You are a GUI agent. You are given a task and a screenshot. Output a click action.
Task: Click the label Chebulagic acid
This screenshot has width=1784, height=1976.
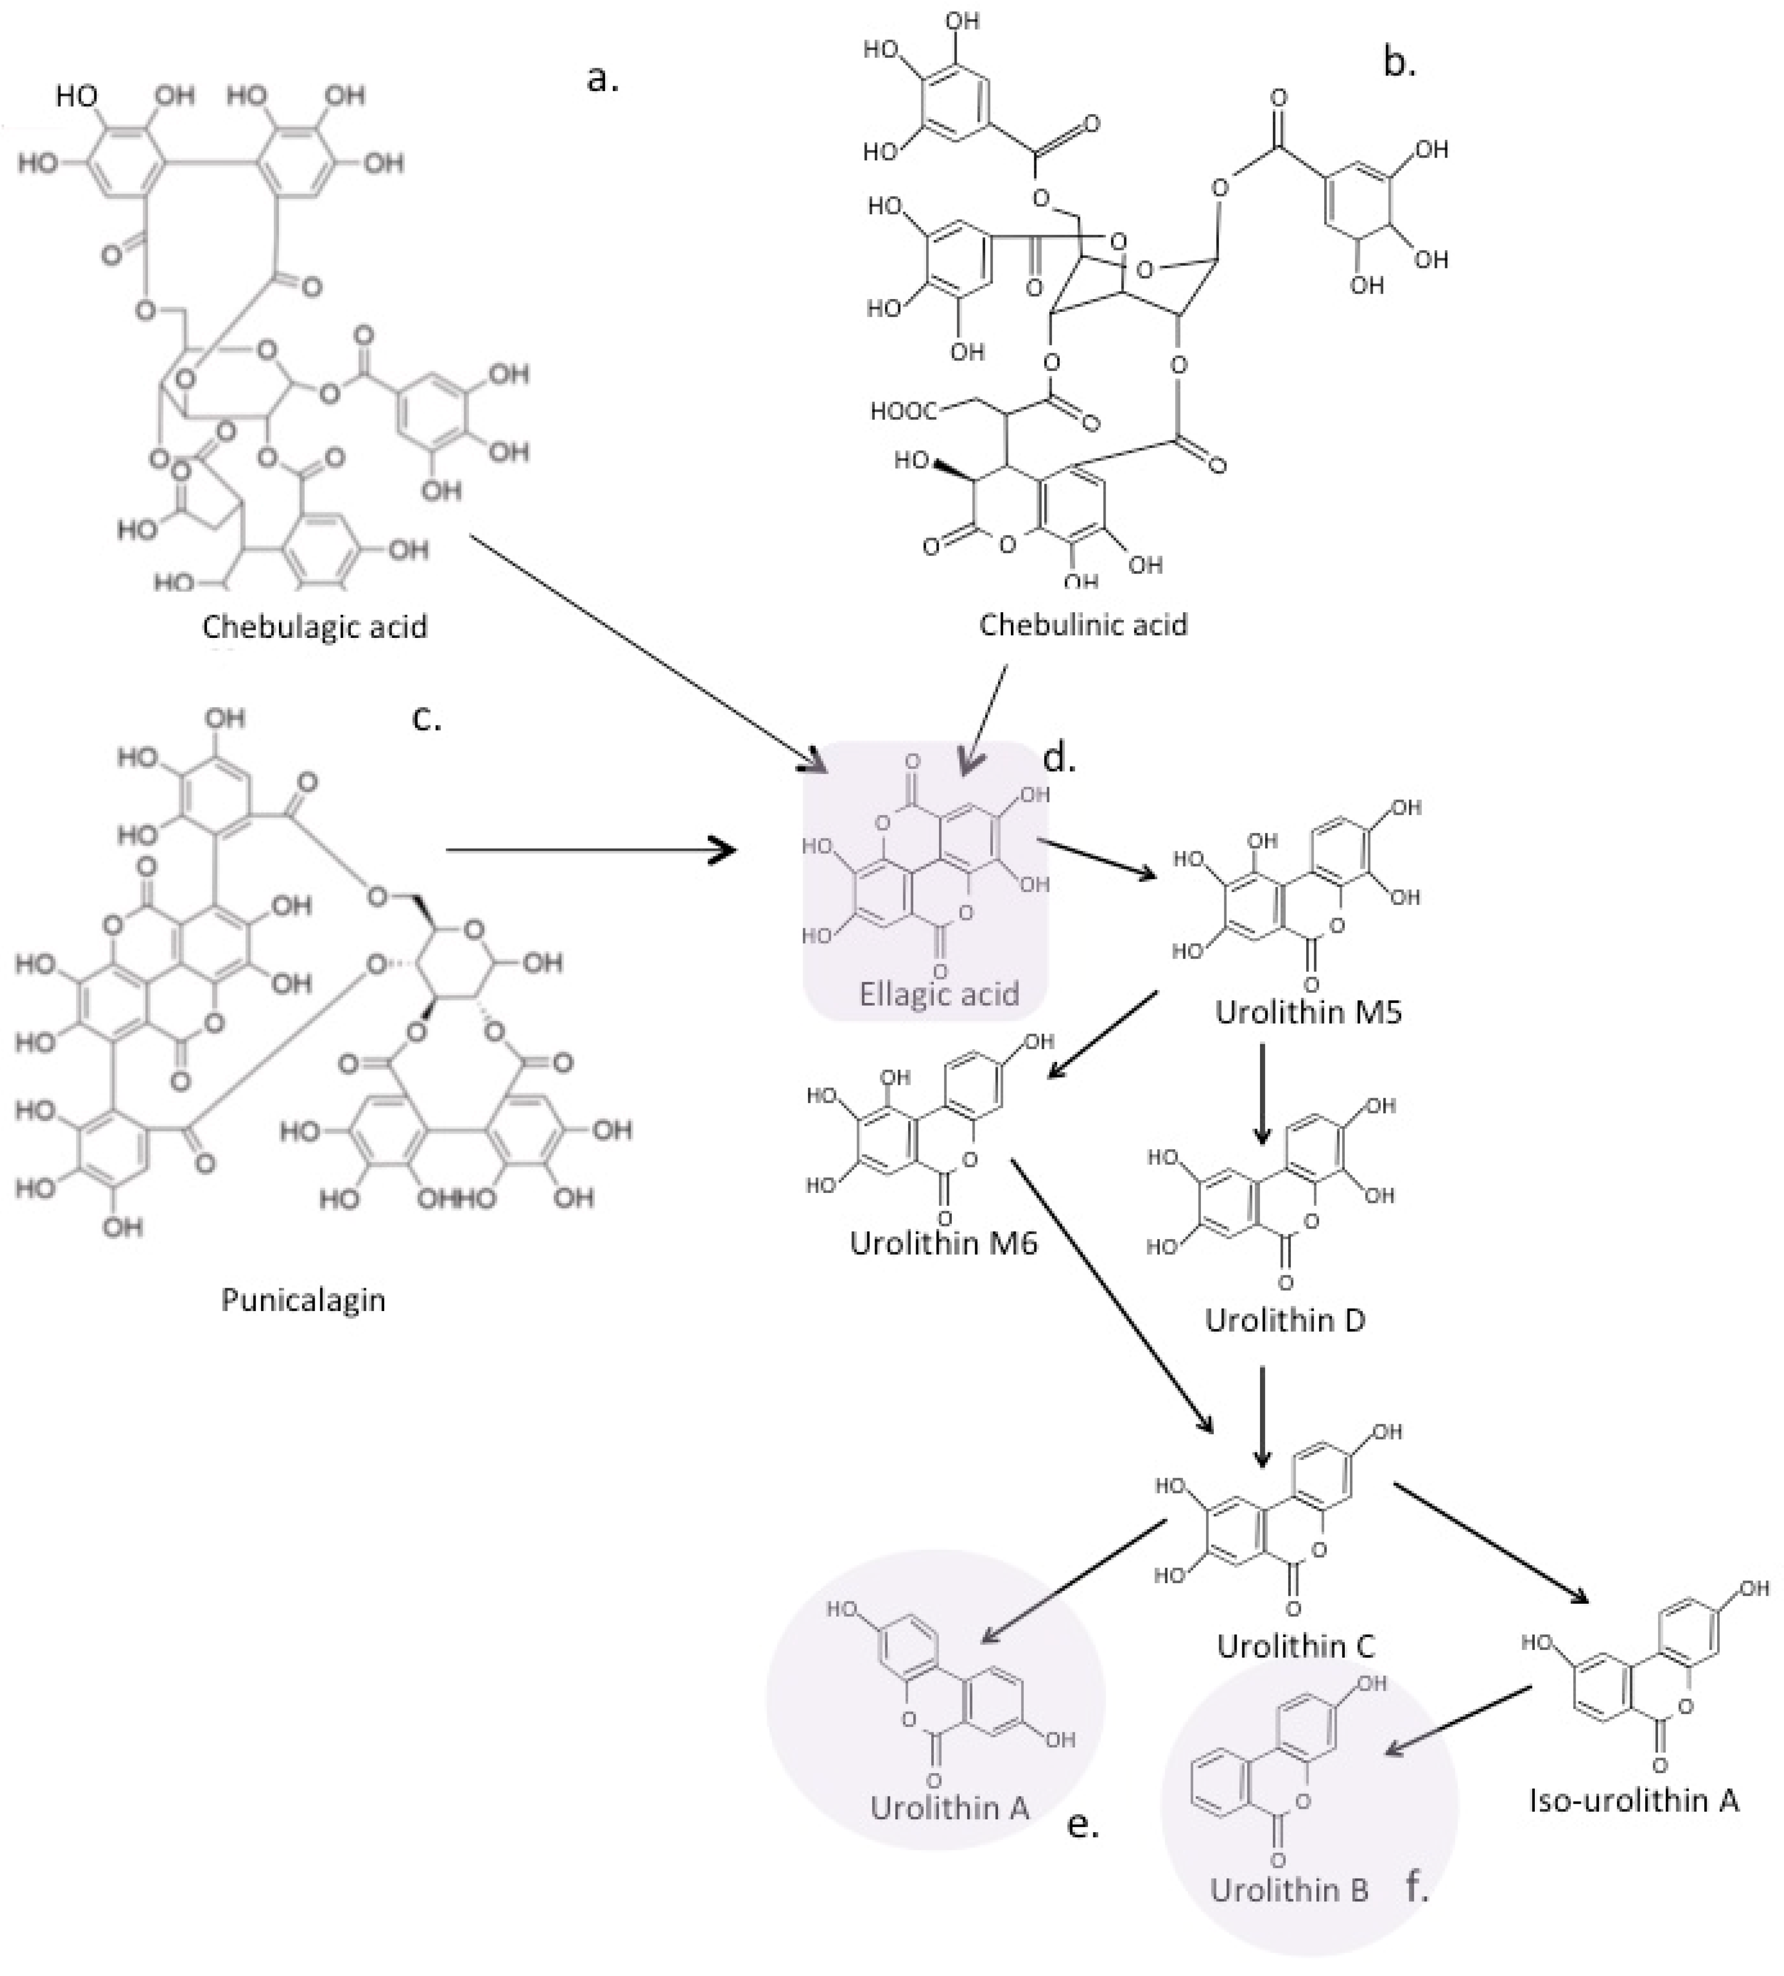(315, 626)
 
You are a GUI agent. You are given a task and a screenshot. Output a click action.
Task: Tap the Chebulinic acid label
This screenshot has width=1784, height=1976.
(1083, 624)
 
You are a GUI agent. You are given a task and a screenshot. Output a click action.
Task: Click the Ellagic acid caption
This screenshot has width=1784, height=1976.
(939, 994)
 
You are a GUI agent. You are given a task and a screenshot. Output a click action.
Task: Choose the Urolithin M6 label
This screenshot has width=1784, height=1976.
(943, 1243)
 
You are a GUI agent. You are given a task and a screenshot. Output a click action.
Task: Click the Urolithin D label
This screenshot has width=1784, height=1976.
(1285, 1320)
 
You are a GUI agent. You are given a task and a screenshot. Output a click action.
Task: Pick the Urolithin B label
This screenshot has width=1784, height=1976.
(1288, 1890)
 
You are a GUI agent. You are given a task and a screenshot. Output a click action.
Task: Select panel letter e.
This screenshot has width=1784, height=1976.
(1082, 1825)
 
